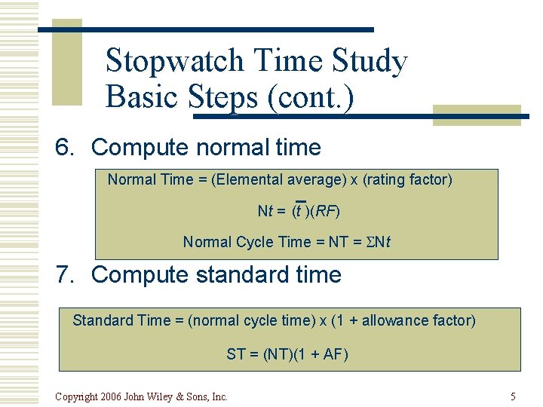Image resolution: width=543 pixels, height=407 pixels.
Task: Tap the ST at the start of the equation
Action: pos(235,354)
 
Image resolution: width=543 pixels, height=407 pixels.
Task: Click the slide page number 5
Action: pos(513,396)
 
